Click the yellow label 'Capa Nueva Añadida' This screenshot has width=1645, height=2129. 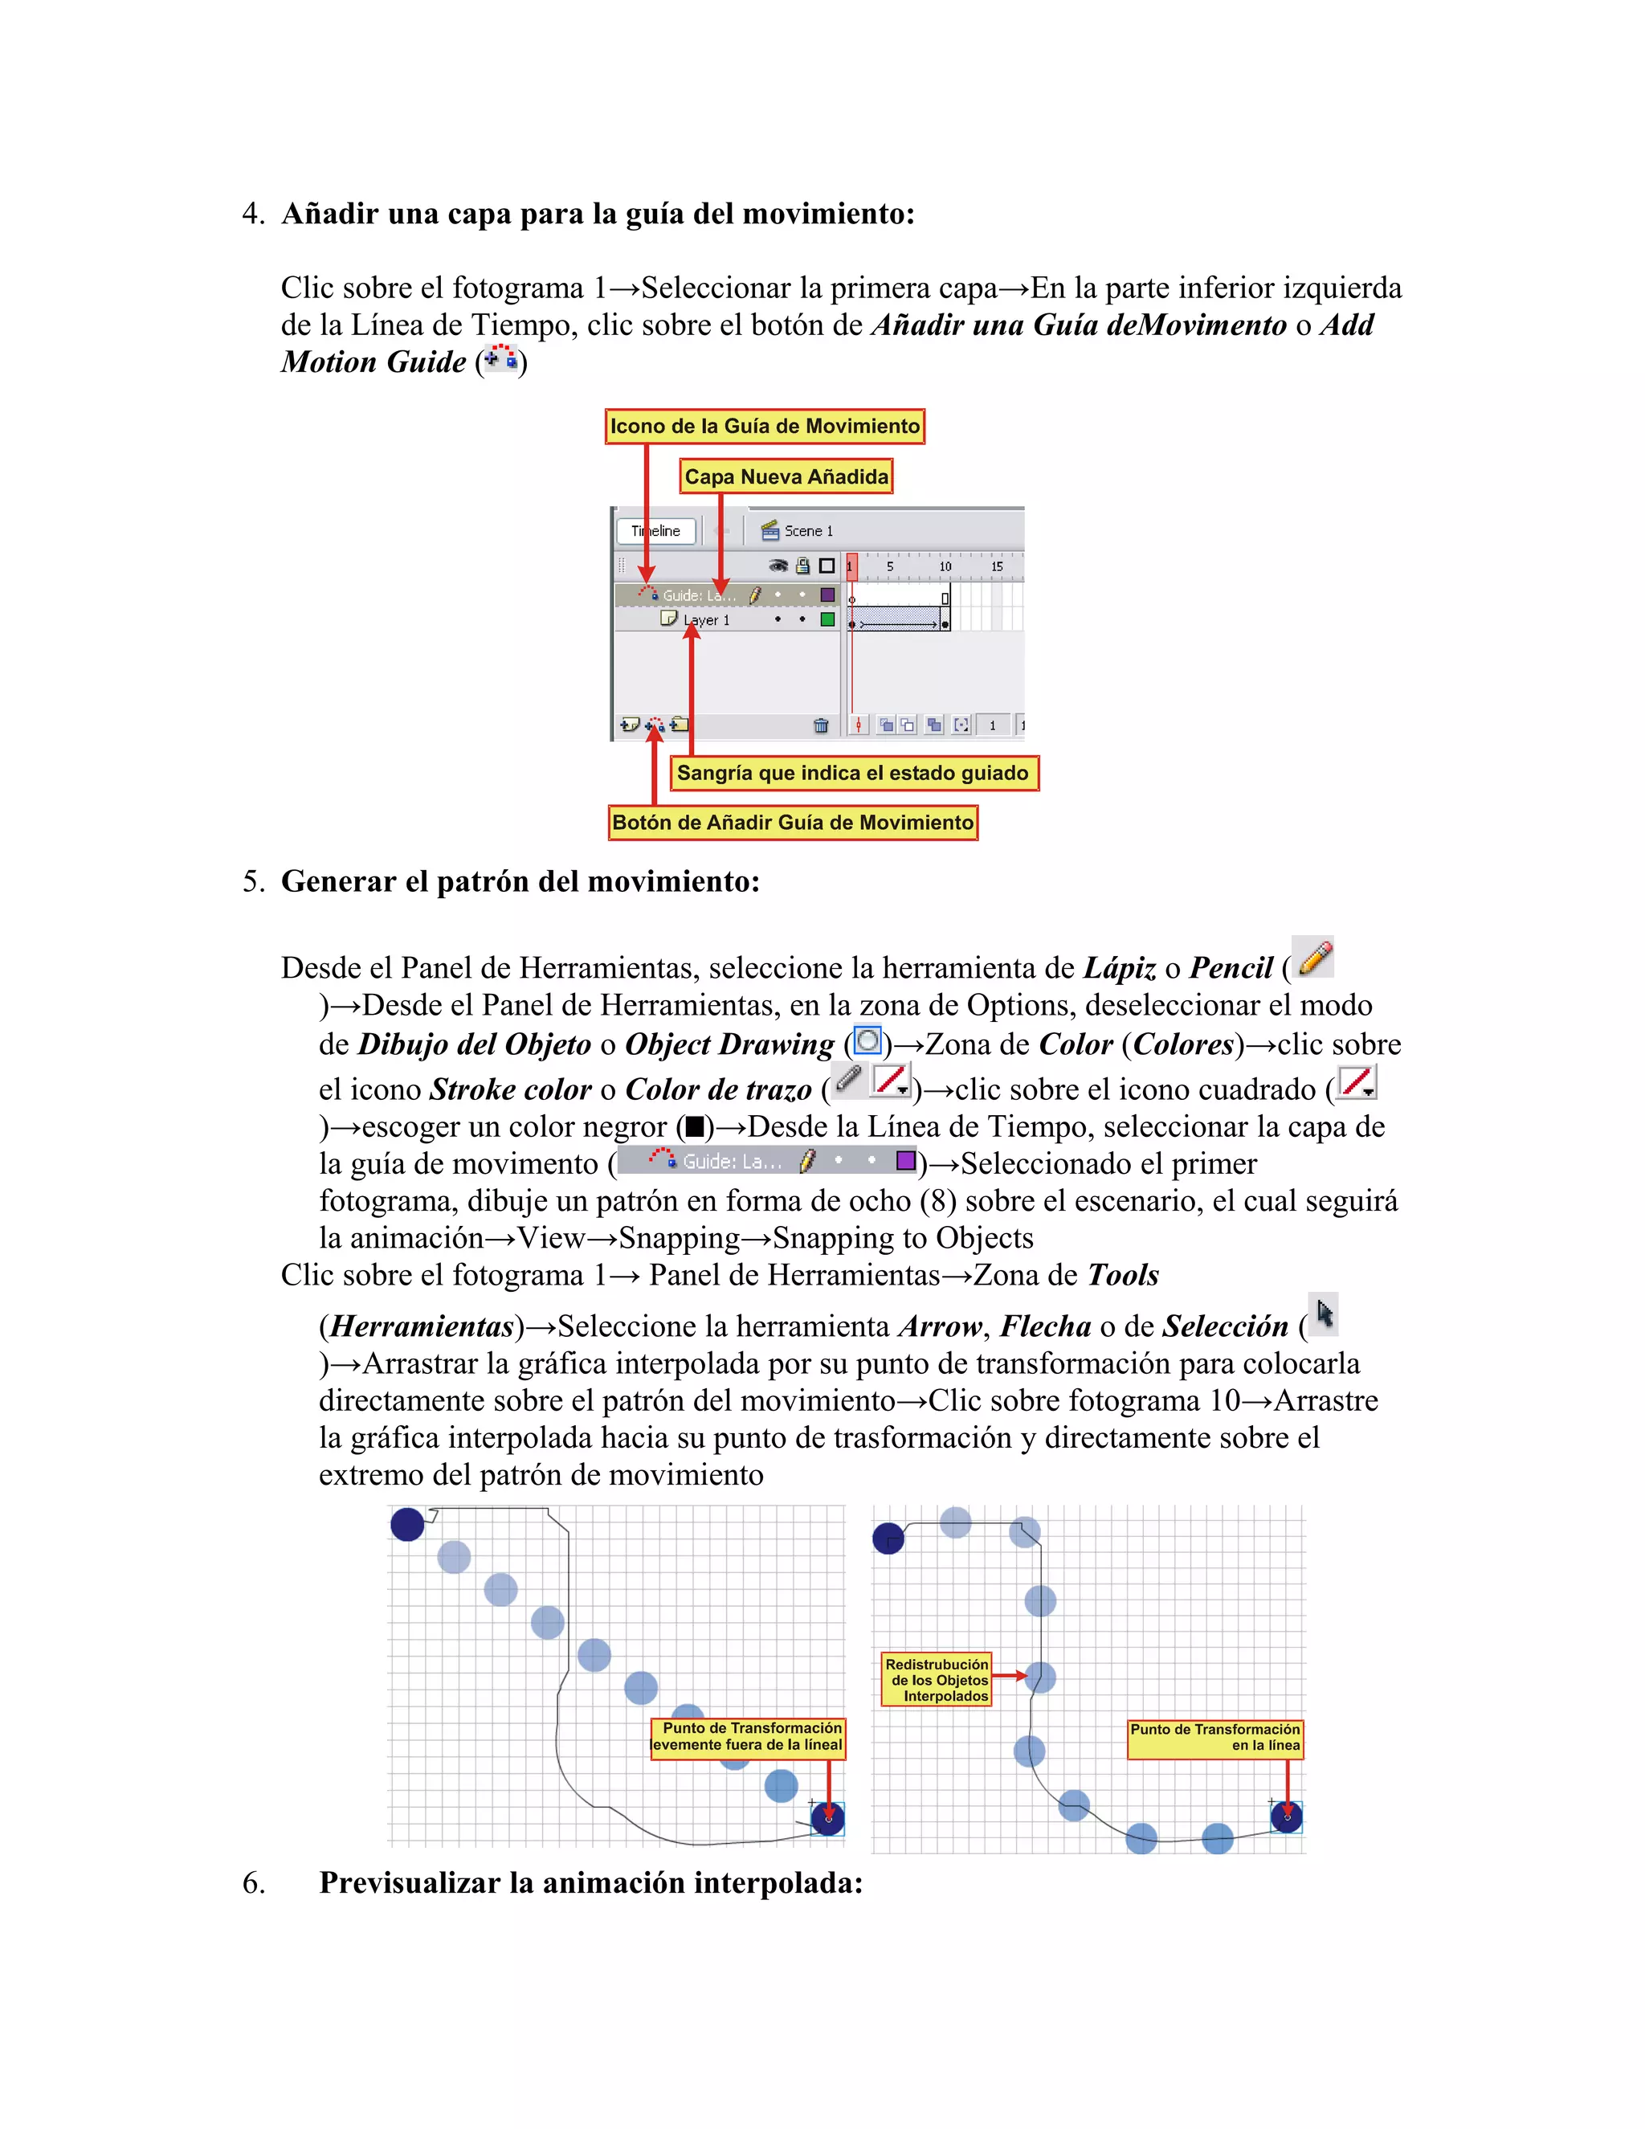786,476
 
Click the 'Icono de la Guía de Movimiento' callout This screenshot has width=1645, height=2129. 764,426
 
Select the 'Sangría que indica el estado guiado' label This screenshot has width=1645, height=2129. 853,773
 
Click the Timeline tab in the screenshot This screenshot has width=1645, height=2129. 656,531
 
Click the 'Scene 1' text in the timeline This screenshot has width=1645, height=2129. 808,531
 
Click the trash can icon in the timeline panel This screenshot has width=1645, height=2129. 821,725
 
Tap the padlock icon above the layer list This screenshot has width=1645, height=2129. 802,566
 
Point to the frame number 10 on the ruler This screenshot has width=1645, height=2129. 945,566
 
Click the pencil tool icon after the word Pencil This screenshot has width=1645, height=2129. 1313,958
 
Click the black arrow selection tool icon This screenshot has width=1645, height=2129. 1324,1315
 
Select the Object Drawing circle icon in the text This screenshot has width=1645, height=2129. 867,1041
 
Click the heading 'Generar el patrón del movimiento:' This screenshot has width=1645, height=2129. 520,881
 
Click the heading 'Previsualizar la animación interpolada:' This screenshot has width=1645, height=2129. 590,1882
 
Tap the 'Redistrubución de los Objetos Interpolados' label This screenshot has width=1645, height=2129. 937,1680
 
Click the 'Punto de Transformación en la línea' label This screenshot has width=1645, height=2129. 1214,1738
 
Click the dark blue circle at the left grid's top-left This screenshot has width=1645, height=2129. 407,1523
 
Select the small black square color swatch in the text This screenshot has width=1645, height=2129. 695,1128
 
